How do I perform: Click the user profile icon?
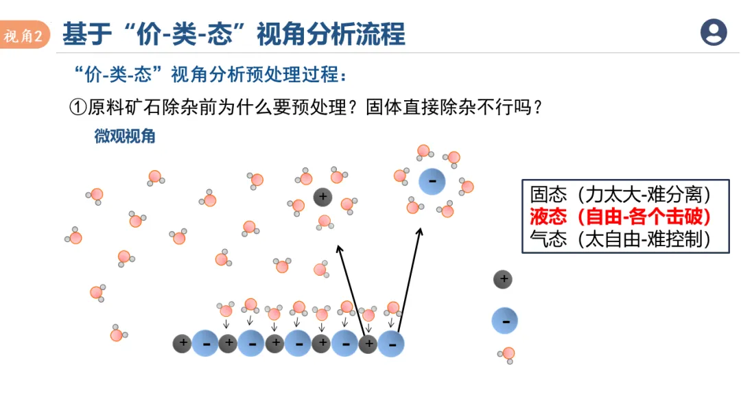click(x=714, y=32)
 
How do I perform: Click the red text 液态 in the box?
click(x=548, y=217)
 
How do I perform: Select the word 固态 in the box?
click(x=548, y=194)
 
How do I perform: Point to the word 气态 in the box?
click(x=548, y=239)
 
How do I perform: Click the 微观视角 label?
click(x=125, y=136)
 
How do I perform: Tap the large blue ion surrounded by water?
click(x=432, y=181)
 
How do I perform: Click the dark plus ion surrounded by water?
click(x=322, y=198)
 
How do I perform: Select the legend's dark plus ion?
click(x=503, y=279)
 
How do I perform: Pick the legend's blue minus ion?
click(x=504, y=320)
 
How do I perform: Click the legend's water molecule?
click(x=508, y=354)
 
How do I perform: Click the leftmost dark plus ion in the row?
click(x=182, y=343)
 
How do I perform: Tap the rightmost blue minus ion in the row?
click(x=391, y=344)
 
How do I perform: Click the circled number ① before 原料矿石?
click(x=78, y=107)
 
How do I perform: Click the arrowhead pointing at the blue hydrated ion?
click(x=419, y=233)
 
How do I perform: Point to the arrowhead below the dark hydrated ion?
click(x=338, y=248)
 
